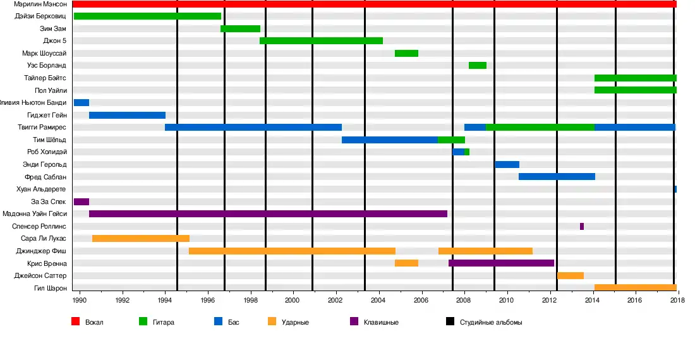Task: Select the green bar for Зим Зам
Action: click(x=240, y=28)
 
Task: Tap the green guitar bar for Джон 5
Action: click(x=321, y=41)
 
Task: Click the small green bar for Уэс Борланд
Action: click(x=478, y=66)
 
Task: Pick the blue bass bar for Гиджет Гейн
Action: click(x=127, y=115)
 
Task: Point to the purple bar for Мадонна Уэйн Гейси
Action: click(x=268, y=214)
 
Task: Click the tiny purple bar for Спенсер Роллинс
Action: click(x=582, y=226)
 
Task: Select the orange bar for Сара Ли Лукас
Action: click(x=141, y=239)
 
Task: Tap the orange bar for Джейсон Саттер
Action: click(x=571, y=276)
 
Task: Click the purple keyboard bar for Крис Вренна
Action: click(x=501, y=263)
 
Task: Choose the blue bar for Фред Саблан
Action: click(x=557, y=177)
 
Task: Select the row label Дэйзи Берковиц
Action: click(x=40, y=16)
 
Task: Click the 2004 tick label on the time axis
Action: click(x=379, y=299)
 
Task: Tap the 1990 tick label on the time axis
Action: click(x=80, y=299)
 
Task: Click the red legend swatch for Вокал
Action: click(x=75, y=321)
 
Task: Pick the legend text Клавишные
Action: click(x=381, y=322)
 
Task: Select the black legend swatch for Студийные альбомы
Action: click(x=450, y=321)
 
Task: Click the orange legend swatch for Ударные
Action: click(x=272, y=321)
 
